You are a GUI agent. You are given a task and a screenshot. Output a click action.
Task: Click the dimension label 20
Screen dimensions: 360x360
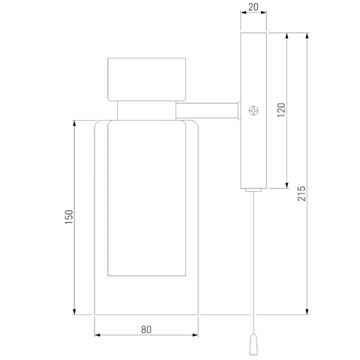253,7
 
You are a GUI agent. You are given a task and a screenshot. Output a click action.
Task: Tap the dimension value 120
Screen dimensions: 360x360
281,110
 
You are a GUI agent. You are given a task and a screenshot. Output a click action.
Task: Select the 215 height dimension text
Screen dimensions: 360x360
301,193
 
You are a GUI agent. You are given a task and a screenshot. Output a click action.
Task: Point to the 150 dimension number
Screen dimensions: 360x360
69,217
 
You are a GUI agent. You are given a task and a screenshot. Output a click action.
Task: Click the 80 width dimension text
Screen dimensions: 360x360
146,329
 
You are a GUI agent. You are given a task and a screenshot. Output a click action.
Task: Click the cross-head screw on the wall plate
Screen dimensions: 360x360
253,110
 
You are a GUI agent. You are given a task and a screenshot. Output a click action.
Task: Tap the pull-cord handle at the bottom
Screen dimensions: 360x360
253,344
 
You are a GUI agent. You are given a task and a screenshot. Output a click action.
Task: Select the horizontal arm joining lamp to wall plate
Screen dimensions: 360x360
207,110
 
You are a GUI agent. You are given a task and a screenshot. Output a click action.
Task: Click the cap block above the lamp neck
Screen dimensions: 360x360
146,79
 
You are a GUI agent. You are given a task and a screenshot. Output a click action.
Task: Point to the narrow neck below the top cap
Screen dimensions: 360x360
146,110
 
